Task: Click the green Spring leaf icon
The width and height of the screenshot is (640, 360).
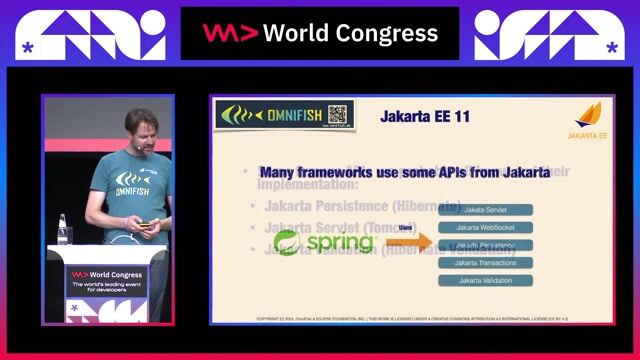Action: pos(288,243)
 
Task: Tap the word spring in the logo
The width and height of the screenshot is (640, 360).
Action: pos(340,243)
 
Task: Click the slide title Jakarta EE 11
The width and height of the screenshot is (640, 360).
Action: pos(425,117)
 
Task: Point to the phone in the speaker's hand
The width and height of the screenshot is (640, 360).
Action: pos(147,224)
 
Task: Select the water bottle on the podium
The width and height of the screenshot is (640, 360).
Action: pos(63,228)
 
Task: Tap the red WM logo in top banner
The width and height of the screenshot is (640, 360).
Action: pos(231,33)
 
